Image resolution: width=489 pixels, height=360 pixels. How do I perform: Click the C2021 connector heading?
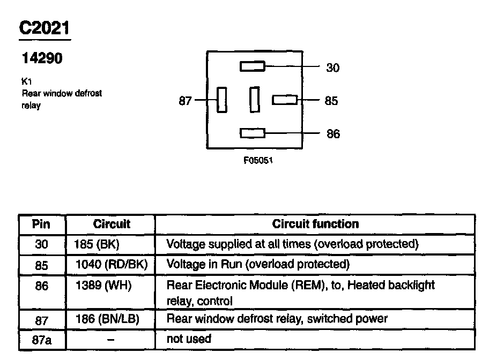click(x=45, y=28)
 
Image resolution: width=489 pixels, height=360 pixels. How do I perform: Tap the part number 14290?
click(x=42, y=58)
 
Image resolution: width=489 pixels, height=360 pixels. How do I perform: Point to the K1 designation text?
click(x=26, y=82)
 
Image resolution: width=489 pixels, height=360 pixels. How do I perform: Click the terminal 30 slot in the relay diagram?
click(x=252, y=66)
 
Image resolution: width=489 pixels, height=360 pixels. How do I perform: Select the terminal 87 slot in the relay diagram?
click(x=221, y=100)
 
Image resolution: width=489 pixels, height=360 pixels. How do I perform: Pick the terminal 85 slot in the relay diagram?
click(x=285, y=100)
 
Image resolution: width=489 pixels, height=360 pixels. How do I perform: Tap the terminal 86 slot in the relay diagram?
click(x=252, y=133)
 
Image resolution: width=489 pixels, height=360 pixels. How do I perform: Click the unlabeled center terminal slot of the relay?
click(x=255, y=100)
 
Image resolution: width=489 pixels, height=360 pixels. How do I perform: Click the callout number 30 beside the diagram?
click(x=332, y=68)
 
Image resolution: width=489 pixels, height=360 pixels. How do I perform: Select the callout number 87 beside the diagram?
click(x=185, y=101)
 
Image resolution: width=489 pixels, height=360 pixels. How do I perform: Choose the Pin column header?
click(x=41, y=224)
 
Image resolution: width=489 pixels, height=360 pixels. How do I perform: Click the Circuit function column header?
click(x=315, y=224)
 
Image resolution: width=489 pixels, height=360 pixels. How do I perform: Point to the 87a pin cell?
click(x=41, y=340)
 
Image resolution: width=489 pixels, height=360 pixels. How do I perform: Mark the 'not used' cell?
click(x=189, y=339)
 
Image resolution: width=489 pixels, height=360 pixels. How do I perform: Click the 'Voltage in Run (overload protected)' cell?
click(x=258, y=264)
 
